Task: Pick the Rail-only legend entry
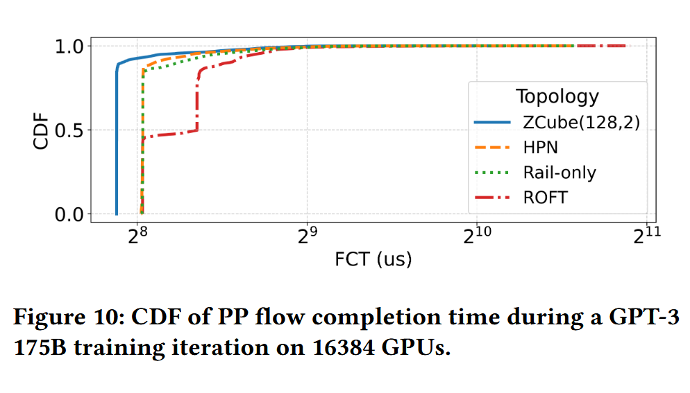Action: (559, 172)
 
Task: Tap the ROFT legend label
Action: (545, 197)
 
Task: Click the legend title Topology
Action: (557, 96)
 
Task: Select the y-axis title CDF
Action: (42, 130)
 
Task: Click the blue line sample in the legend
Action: (494, 122)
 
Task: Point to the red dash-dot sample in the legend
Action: (494, 197)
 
